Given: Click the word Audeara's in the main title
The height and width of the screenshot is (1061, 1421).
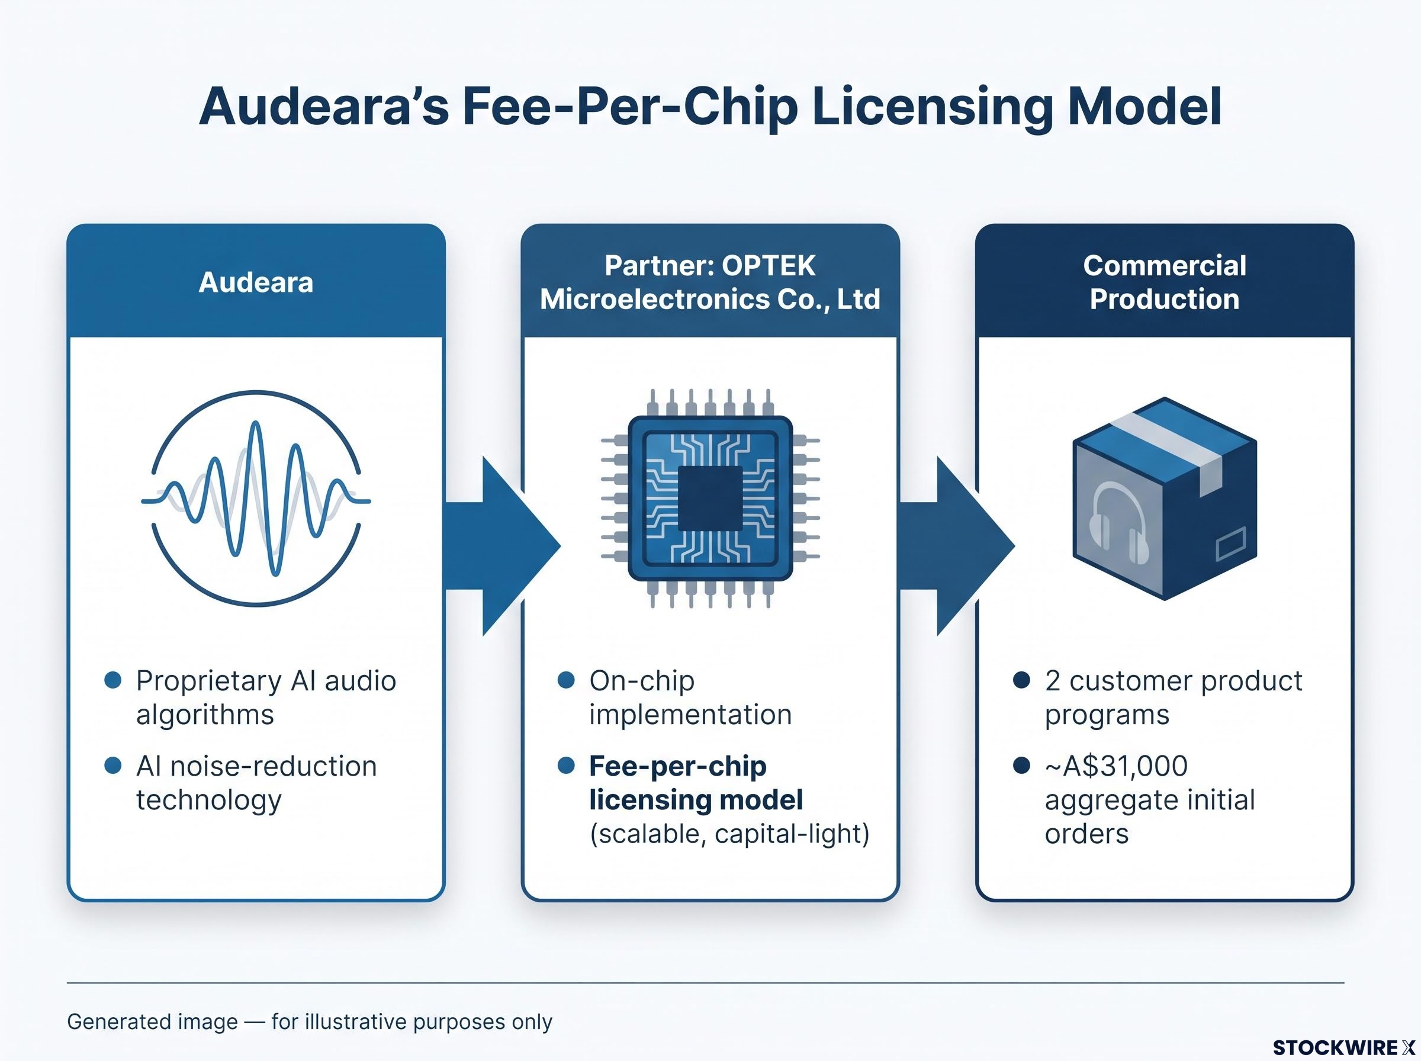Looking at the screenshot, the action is pyautogui.click(x=324, y=106).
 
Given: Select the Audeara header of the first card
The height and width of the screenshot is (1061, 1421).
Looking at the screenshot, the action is pyautogui.click(x=256, y=282).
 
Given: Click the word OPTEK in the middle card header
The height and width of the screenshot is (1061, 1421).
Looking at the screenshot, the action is pyautogui.click(x=769, y=265).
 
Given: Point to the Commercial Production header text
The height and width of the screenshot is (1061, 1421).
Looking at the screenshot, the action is pyautogui.click(x=1164, y=282).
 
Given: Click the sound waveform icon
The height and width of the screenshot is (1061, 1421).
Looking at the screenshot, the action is pyautogui.click(x=256, y=499).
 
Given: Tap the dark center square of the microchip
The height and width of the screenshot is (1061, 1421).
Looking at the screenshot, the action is pyautogui.click(x=710, y=499).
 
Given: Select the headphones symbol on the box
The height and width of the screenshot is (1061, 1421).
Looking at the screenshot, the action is pyautogui.click(x=1119, y=523).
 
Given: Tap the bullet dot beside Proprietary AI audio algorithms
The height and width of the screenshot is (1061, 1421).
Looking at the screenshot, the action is pyautogui.click(x=113, y=680).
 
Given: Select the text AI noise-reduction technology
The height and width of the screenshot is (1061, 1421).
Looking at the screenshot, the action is pyautogui.click(x=256, y=783).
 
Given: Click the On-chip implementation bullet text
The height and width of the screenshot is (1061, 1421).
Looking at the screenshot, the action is pyautogui.click(x=690, y=697).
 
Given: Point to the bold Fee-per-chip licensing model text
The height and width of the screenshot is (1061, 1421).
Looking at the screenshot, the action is pyautogui.click(x=696, y=783).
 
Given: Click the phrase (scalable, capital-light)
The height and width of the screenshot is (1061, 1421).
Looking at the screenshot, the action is pyautogui.click(x=729, y=834).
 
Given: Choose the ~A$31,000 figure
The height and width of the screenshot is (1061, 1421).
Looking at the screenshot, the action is pyautogui.click(x=1116, y=766).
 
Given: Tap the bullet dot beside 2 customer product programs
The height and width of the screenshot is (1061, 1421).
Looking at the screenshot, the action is pyautogui.click(x=1021, y=680).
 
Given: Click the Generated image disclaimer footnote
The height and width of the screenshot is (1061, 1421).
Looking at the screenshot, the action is pyautogui.click(x=310, y=1021).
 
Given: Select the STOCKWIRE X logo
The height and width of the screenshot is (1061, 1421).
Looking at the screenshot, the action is pyautogui.click(x=1343, y=1047).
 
